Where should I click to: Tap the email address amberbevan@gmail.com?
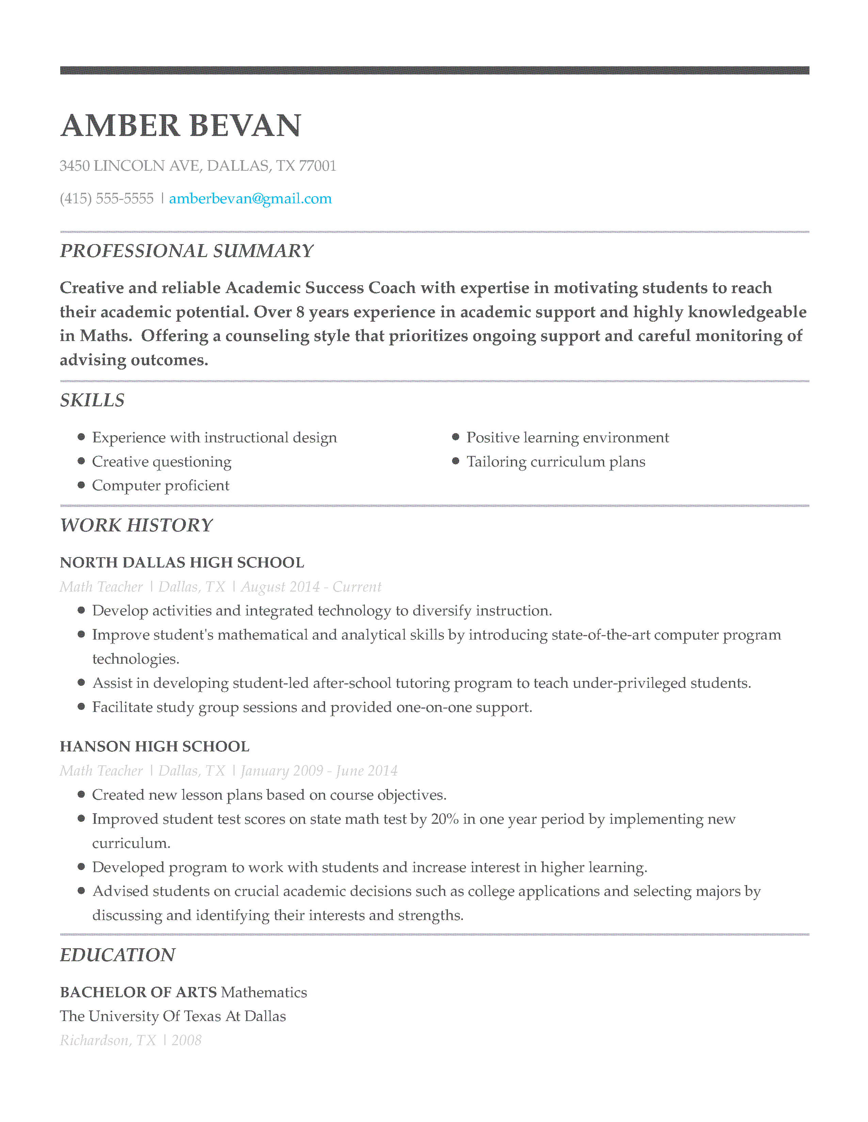pyautogui.click(x=251, y=199)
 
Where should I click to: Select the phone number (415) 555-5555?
pyautogui.click(x=107, y=199)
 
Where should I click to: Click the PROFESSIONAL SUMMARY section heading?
pyautogui.click(x=186, y=251)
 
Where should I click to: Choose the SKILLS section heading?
pyautogui.click(x=92, y=400)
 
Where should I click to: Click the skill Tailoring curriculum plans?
pyautogui.click(x=556, y=462)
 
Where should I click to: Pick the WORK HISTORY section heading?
pyautogui.click(x=136, y=525)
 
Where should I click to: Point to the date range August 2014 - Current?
pyautogui.click(x=311, y=587)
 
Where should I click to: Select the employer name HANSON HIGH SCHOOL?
pyautogui.click(x=154, y=746)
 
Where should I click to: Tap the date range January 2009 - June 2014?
pyautogui.click(x=319, y=770)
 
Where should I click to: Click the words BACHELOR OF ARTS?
pyautogui.click(x=138, y=992)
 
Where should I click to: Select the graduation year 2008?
pyautogui.click(x=186, y=1040)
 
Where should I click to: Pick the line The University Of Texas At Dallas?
pyautogui.click(x=173, y=1016)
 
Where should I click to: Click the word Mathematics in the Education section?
pyautogui.click(x=264, y=992)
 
